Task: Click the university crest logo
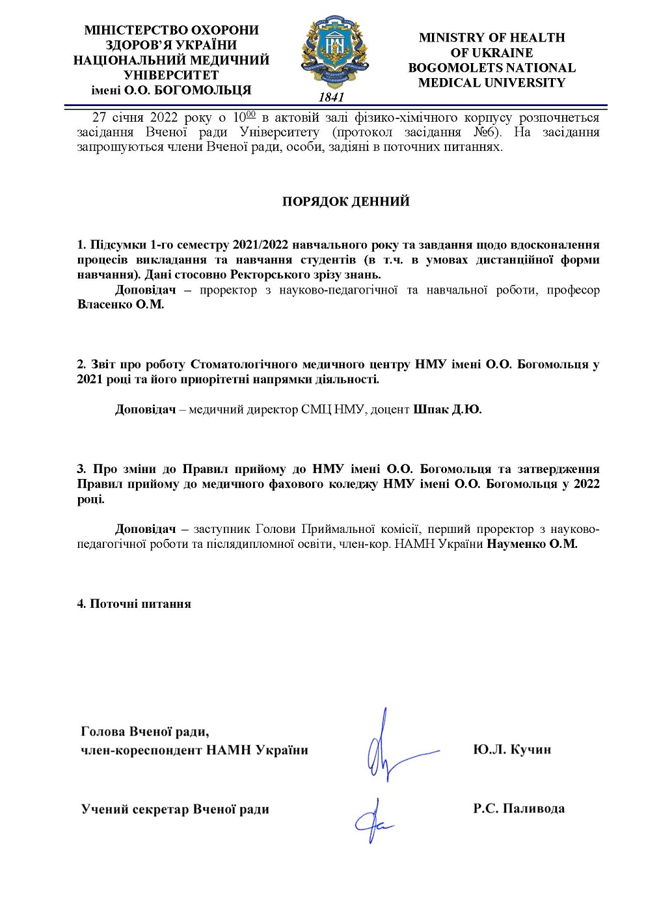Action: click(334, 52)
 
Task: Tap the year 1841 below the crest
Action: click(331, 98)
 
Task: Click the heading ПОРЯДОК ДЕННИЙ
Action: click(345, 202)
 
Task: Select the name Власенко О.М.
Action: click(120, 305)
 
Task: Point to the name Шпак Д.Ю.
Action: click(448, 409)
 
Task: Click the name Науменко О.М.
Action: click(532, 544)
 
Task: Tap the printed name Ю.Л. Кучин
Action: click(512, 750)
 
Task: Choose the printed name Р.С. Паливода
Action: click(518, 809)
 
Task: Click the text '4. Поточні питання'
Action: click(134, 604)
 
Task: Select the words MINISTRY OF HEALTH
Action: click(492, 38)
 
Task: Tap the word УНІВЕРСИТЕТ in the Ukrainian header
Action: click(171, 75)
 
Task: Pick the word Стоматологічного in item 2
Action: click(243, 364)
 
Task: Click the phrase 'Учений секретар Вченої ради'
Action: click(175, 810)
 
